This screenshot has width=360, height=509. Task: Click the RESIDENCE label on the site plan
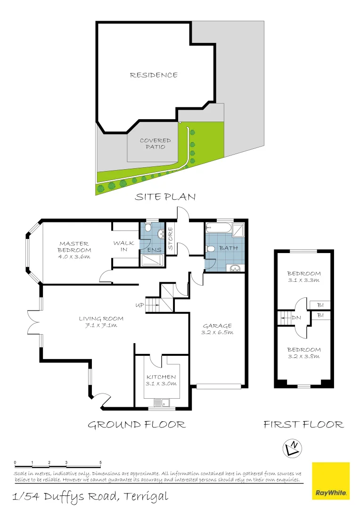(x=154, y=75)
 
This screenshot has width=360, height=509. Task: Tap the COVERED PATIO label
(x=155, y=144)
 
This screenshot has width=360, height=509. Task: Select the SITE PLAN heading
(x=165, y=197)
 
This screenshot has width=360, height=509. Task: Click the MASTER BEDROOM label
(x=74, y=247)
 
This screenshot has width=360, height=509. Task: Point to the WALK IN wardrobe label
(x=123, y=246)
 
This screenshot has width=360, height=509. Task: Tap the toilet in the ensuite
(x=147, y=229)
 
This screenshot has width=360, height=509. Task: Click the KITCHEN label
(x=161, y=377)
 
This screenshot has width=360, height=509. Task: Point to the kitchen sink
(x=165, y=402)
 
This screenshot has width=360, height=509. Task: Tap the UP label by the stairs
(x=139, y=305)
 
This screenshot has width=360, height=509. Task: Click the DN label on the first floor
(x=296, y=318)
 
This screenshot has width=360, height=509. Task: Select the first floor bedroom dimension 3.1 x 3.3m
(x=304, y=280)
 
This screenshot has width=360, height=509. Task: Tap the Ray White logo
(x=331, y=481)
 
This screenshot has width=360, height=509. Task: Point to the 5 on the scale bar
(x=101, y=462)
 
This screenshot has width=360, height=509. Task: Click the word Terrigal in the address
(x=145, y=496)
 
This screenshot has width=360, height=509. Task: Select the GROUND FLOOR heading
(x=137, y=425)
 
